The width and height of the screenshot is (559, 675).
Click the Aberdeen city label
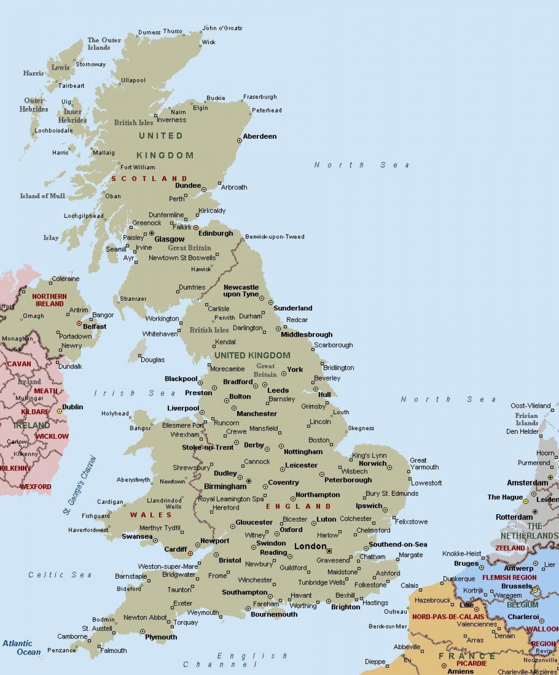pyautogui.click(x=259, y=136)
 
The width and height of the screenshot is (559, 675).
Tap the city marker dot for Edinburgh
pyautogui.click(x=190, y=228)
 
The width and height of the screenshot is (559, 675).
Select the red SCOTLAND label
pyautogui.click(x=149, y=179)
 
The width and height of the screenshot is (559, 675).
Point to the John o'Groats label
pyautogui.click(x=222, y=28)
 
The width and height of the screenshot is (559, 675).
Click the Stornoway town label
pyautogui.click(x=90, y=64)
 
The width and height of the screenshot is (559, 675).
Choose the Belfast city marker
pyautogui.click(x=79, y=323)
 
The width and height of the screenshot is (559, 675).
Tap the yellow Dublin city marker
pyautogui.click(x=60, y=411)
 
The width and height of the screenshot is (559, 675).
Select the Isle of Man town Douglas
pyautogui.click(x=152, y=360)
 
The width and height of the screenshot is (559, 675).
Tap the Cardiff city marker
pyautogui.click(x=191, y=553)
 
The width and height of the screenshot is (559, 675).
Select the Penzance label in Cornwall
pyautogui.click(x=61, y=650)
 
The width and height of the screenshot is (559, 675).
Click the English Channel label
pyautogui.click(x=235, y=660)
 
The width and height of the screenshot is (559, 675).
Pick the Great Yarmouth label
pyautogui.click(x=424, y=464)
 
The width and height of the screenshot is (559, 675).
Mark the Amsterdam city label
pyautogui.click(x=527, y=483)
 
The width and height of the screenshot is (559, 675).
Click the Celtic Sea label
pyautogui.click(x=60, y=575)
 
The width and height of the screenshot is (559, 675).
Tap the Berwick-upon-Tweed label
pyautogui.click(x=274, y=236)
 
